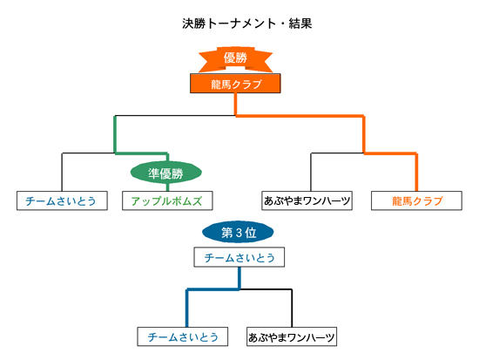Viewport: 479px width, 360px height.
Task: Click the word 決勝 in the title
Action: (194, 24)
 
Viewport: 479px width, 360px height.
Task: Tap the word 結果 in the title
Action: (300, 24)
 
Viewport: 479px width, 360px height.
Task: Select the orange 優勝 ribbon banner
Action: (235, 59)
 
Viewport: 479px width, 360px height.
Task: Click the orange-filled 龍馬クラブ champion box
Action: (235, 83)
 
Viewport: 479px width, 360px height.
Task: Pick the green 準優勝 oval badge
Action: (165, 173)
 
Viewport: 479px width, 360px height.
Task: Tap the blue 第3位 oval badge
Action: (238, 232)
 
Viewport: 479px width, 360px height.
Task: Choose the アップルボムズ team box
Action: (167, 200)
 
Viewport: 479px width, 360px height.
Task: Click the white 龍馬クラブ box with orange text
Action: (416, 200)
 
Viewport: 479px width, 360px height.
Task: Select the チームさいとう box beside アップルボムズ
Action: (62, 200)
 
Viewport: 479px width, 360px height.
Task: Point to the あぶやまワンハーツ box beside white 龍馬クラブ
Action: (307, 200)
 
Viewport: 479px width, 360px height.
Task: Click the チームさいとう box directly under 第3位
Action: (239, 257)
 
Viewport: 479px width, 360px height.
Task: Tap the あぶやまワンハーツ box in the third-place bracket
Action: (292, 336)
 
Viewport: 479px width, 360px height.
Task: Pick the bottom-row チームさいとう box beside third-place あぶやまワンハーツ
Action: (183, 336)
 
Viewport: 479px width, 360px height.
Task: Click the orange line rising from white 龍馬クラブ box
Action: (416, 172)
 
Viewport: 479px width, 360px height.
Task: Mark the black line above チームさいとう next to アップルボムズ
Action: (62, 172)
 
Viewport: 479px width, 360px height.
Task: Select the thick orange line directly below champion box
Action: (235, 105)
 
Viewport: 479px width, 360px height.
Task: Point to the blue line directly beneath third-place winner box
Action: (239, 278)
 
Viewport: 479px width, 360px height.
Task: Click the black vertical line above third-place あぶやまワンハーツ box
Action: (292, 308)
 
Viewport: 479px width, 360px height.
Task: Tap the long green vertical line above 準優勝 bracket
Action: (115, 134)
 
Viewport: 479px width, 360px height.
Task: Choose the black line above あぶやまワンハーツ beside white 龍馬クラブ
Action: (311, 172)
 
